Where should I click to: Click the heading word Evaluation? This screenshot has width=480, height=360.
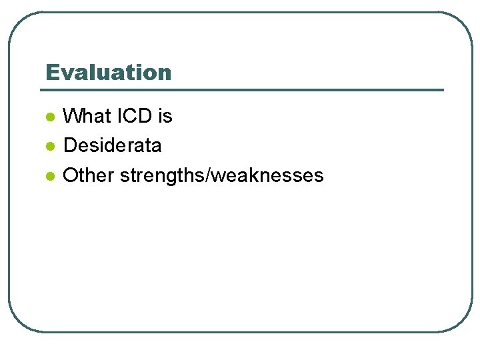coord(108,72)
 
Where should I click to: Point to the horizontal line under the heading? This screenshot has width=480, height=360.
coord(243,90)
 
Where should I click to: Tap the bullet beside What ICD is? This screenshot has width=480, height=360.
coord(49,117)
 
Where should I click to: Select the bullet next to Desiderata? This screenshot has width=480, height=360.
coord(49,146)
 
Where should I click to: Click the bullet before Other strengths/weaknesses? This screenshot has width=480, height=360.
coord(49,176)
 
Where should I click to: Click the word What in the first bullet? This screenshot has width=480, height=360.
coord(87,116)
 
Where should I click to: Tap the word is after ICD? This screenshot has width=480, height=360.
coord(165,116)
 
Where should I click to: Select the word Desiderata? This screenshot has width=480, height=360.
coord(112,145)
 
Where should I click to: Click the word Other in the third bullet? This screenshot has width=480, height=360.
coord(89,175)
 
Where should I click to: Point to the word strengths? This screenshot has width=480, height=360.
coord(160,175)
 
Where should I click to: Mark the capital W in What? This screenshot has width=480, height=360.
coord(73,116)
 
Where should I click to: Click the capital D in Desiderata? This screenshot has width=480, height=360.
coord(69,145)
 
